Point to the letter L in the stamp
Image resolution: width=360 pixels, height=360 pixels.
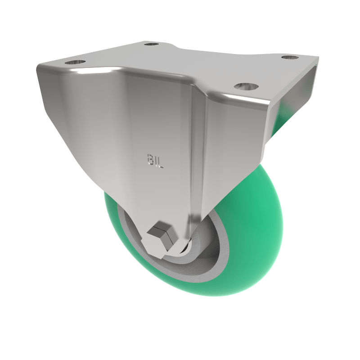(161, 162)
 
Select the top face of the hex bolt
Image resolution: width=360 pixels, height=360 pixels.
(161, 230)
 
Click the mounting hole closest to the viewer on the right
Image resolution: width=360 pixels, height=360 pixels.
(245, 86)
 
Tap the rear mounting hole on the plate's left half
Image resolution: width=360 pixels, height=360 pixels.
(152, 45)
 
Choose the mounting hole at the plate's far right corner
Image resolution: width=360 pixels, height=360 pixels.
(290, 58)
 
